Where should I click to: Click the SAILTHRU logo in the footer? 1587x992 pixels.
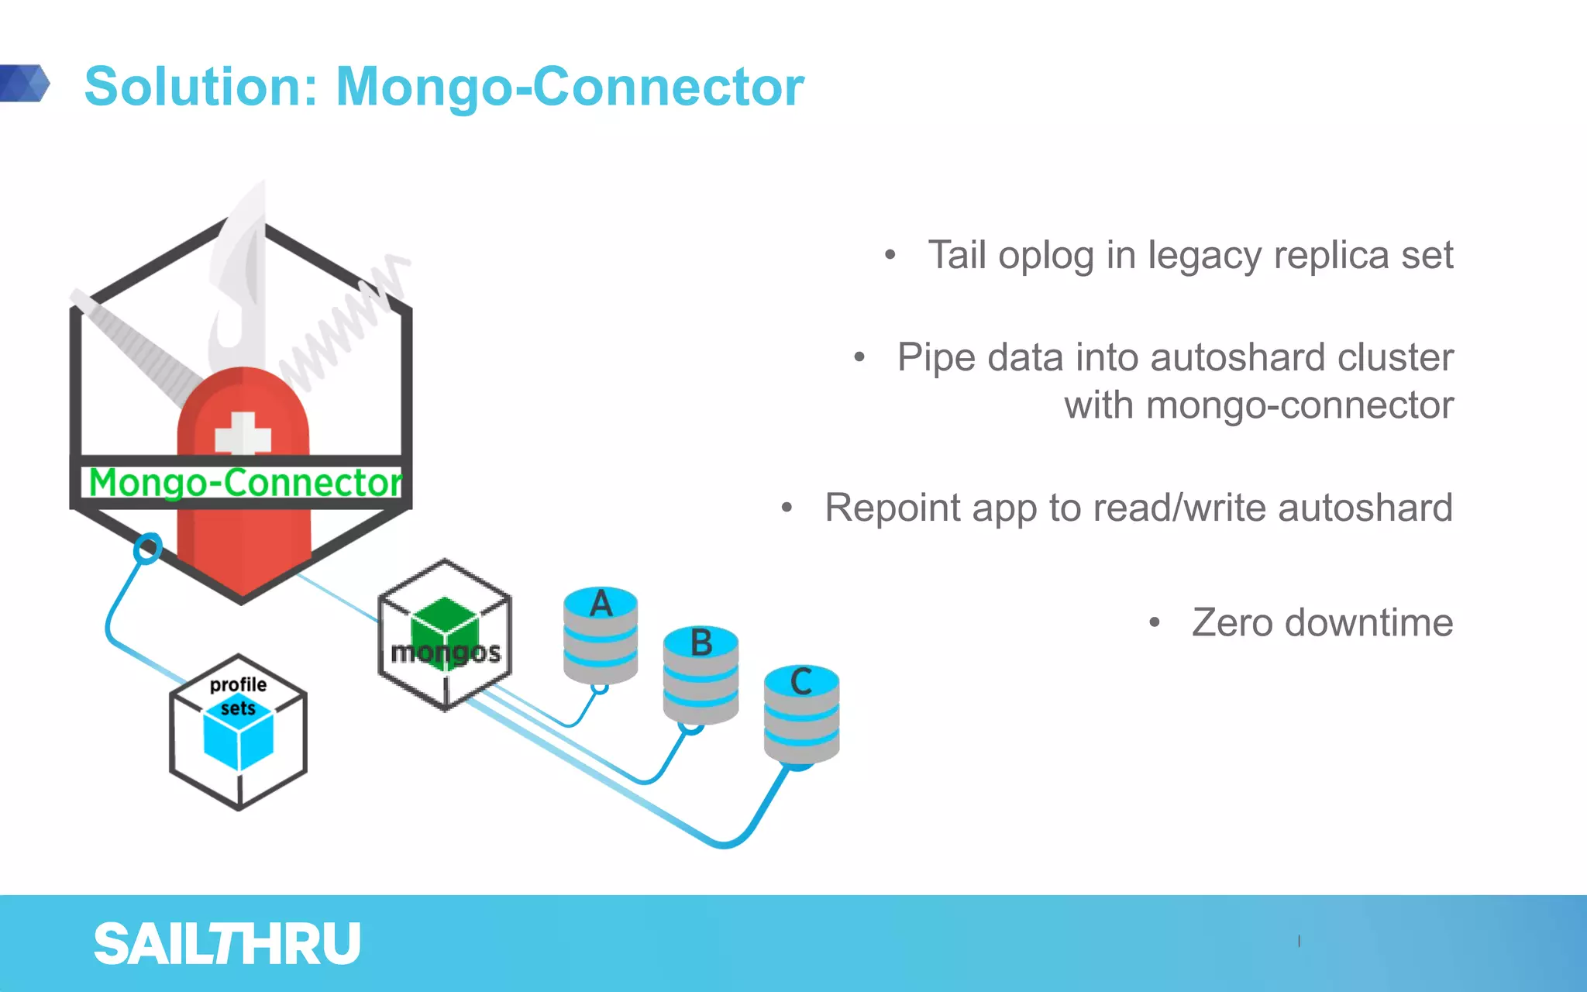pyautogui.click(x=227, y=944)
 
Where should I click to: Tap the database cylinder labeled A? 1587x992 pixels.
pyautogui.click(x=601, y=635)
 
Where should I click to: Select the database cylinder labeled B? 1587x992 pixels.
pyautogui.click(x=701, y=676)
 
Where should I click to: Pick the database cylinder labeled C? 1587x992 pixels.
pyautogui.click(x=801, y=715)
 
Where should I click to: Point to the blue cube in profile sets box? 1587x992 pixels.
pyautogui.click(x=238, y=736)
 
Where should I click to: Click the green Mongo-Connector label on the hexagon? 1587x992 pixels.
pyautogui.click(x=245, y=482)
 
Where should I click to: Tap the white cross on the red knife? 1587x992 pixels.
pyautogui.click(x=243, y=434)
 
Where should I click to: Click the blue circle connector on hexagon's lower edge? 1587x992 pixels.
pyautogui.click(x=147, y=549)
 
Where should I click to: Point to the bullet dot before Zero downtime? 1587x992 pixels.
pyautogui.click(x=1155, y=622)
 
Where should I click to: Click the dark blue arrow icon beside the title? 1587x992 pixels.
pyautogui.click(x=25, y=83)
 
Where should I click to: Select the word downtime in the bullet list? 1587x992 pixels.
pyautogui.click(x=1368, y=623)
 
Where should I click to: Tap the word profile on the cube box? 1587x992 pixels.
pyautogui.click(x=238, y=685)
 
